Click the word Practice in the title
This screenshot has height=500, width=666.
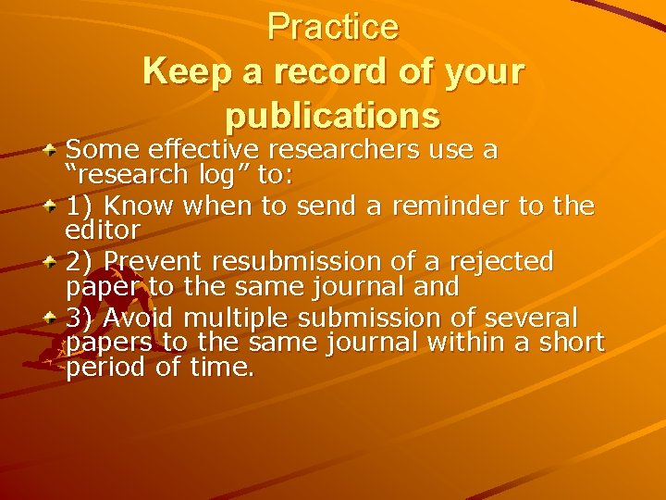point(333,28)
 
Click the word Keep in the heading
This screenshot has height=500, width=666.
point(181,71)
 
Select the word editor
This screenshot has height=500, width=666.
point(103,229)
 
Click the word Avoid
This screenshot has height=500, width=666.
point(140,318)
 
